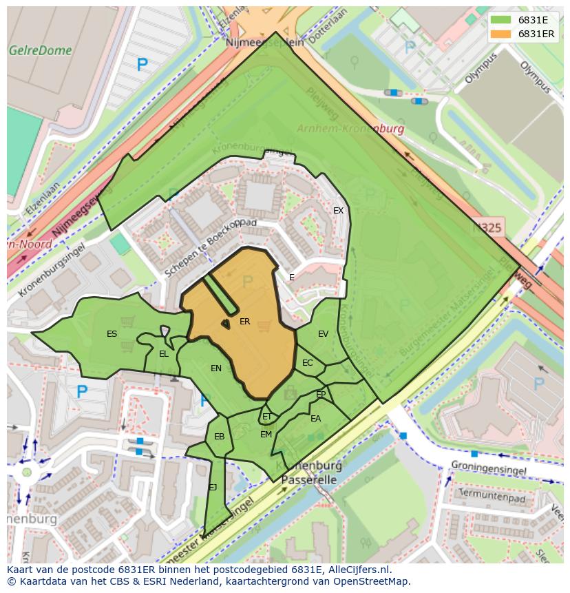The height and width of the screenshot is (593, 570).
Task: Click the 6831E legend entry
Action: pos(523,20)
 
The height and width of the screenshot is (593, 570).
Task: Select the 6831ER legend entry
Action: pos(523,34)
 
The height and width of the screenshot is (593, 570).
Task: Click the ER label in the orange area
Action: pos(244,322)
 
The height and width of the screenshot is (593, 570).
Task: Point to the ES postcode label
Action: pos(112,334)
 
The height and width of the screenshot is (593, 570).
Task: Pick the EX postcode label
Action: pos(338,211)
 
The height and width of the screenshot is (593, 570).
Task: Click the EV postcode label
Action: pos(323,334)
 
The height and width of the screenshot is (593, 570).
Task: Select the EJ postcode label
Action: pos(213,488)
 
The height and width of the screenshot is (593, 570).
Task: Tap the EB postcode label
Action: pos(219,437)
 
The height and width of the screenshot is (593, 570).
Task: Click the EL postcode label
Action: pos(163,354)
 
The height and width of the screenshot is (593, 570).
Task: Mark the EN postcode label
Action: pos(216,368)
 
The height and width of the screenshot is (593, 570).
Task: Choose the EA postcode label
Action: pos(315,419)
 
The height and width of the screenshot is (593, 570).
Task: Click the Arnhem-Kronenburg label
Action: pos(350,129)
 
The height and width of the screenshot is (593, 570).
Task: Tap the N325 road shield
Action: pos(487,227)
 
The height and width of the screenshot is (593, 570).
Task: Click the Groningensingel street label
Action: pos(489,470)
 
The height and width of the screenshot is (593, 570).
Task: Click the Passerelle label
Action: pos(309,480)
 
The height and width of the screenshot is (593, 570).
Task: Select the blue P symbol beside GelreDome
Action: pos(142,65)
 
